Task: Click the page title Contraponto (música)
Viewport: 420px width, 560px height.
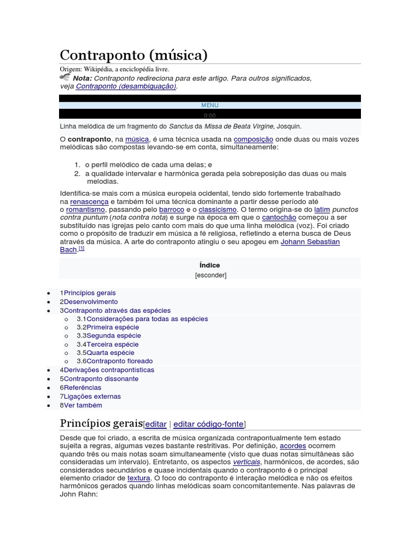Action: tap(133, 55)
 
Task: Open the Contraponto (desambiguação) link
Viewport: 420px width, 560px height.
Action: tap(126, 86)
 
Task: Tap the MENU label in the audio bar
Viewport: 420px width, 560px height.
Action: tap(209, 105)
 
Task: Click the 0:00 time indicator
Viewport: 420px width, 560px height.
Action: tap(209, 115)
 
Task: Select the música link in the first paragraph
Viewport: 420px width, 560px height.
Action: tap(137, 139)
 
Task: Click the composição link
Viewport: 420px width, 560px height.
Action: tap(253, 139)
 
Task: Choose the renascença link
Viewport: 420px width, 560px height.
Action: tap(89, 201)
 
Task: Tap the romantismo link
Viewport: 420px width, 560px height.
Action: tap(85, 209)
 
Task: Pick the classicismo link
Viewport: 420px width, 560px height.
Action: tap(218, 209)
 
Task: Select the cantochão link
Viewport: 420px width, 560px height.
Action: tap(279, 218)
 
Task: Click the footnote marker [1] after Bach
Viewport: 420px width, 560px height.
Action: tap(81, 248)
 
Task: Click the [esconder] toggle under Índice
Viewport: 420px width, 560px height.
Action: tap(211, 275)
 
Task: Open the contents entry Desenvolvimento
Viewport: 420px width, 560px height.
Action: tap(90, 302)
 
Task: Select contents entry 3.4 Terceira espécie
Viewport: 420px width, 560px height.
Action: tap(112, 345)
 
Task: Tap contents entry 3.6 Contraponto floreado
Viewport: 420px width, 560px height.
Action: tap(119, 361)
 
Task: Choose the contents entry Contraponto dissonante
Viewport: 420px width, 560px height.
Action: tap(101, 379)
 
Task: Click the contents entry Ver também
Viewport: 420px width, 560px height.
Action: tap(83, 405)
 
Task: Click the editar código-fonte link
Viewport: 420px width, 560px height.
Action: tap(208, 424)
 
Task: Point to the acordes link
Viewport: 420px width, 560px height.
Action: tap(293, 446)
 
